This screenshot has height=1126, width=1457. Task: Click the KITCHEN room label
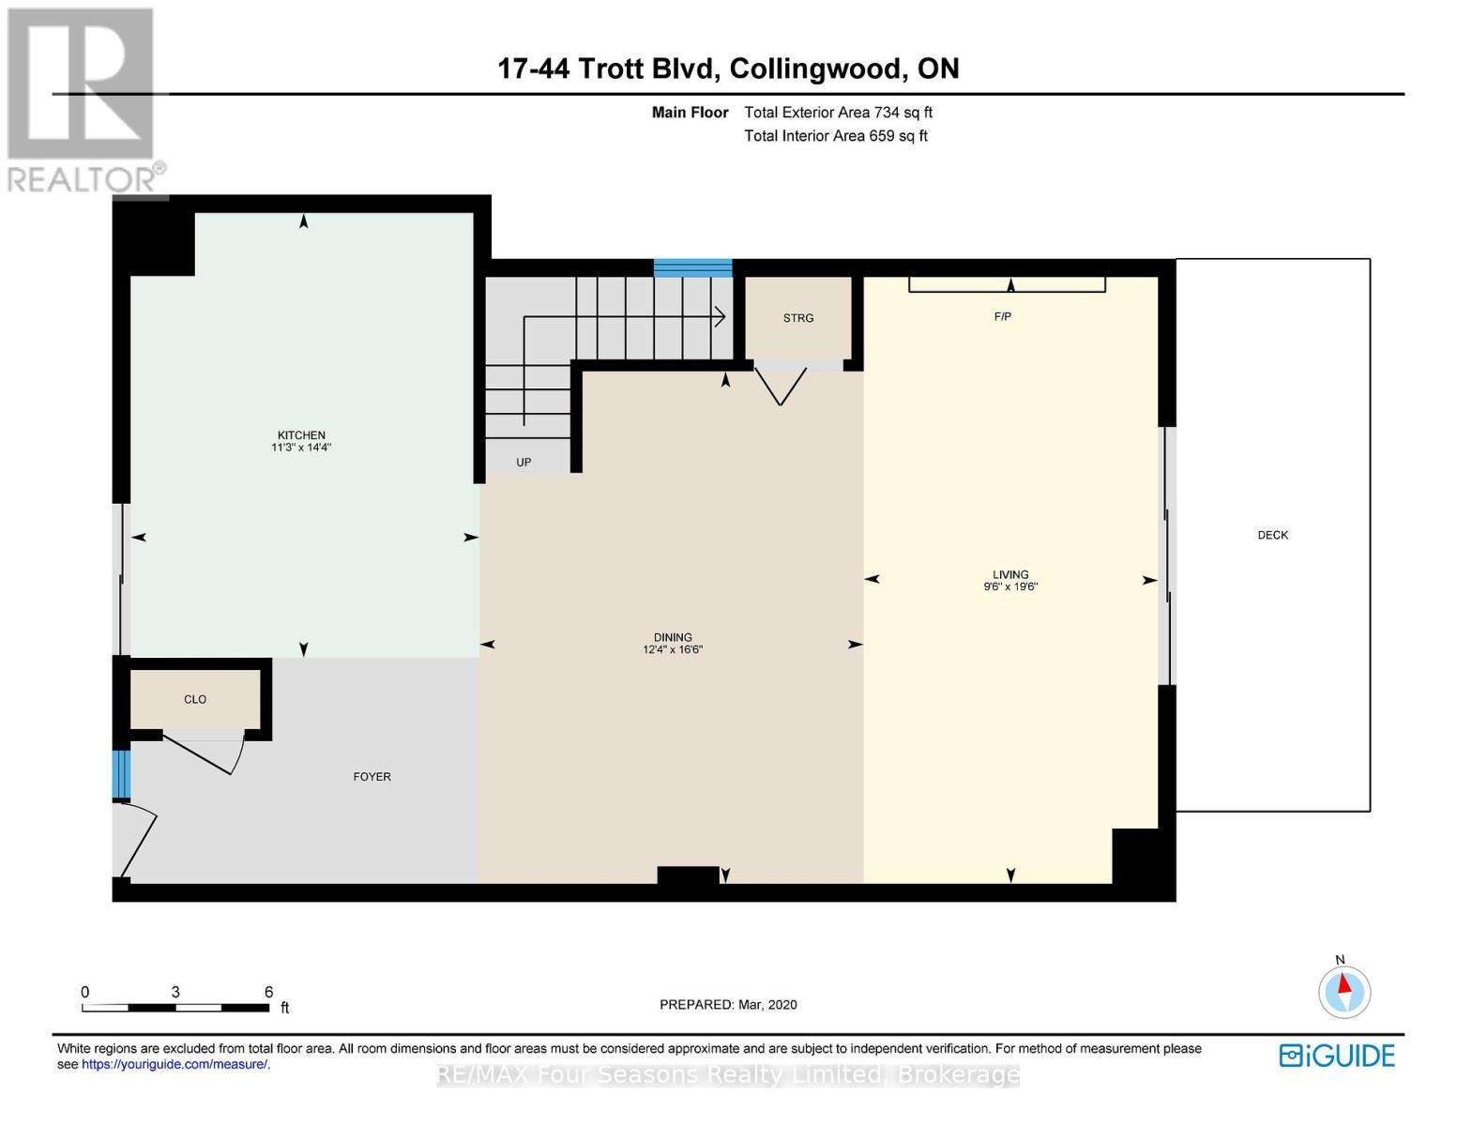pyautogui.click(x=301, y=434)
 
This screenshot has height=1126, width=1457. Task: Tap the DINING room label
pyautogui.click(x=673, y=637)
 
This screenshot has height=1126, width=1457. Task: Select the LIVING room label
pyautogui.click(x=1010, y=574)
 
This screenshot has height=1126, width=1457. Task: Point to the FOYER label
pyautogui.click(x=372, y=777)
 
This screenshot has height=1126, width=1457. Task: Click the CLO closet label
pyautogui.click(x=195, y=699)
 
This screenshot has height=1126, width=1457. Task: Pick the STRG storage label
pyautogui.click(x=797, y=318)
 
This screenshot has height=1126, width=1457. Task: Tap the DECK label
pyautogui.click(x=1272, y=535)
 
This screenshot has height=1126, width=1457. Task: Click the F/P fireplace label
pyautogui.click(x=1002, y=316)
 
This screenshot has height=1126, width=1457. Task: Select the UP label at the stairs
pyautogui.click(x=524, y=462)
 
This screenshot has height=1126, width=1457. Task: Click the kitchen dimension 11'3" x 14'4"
pyautogui.click(x=301, y=448)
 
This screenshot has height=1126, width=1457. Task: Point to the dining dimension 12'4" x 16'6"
pyautogui.click(x=673, y=649)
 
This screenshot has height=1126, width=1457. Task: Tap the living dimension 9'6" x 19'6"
pyautogui.click(x=1010, y=586)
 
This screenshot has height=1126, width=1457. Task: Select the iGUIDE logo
pyautogui.click(x=1337, y=1057)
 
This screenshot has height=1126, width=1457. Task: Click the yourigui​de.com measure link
pyautogui.click(x=175, y=1064)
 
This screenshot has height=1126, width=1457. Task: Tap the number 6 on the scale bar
pyautogui.click(x=268, y=992)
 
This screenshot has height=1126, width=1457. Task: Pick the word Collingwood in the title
pyautogui.click(x=816, y=68)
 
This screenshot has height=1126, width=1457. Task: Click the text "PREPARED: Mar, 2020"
pyautogui.click(x=728, y=1005)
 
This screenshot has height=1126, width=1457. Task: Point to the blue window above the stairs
pyautogui.click(x=692, y=267)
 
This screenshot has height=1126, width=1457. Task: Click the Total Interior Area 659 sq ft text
pyautogui.click(x=835, y=136)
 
